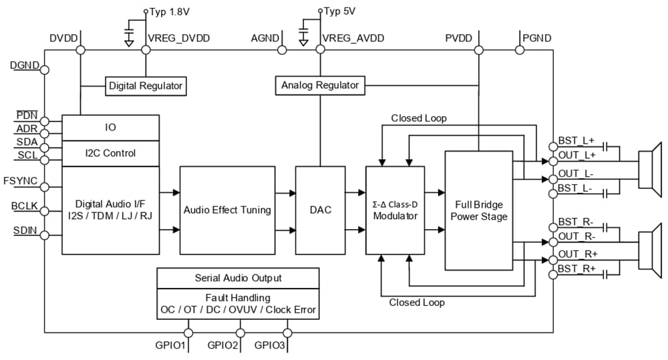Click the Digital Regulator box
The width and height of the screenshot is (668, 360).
tap(146, 85)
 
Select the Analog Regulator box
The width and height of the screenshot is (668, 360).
tap(320, 85)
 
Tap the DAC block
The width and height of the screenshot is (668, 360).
tap(321, 210)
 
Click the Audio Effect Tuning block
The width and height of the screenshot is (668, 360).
tap(227, 210)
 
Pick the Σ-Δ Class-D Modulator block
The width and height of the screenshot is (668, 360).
tap(395, 210)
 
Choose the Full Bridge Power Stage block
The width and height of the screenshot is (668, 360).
tap(479, 210)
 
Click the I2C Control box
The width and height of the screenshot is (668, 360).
tap(110, 153)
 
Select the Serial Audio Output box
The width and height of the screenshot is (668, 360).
tap(238, 277)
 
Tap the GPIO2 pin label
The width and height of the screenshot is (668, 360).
tap(223, 347)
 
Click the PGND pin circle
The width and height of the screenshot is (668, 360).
tap(519, 50)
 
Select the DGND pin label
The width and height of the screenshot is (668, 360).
tap(25, 65)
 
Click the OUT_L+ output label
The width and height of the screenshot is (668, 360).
tap(576, 155)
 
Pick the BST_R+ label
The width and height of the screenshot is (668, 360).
tap(576, 268)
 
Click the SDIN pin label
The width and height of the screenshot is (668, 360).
tap(25, 230)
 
